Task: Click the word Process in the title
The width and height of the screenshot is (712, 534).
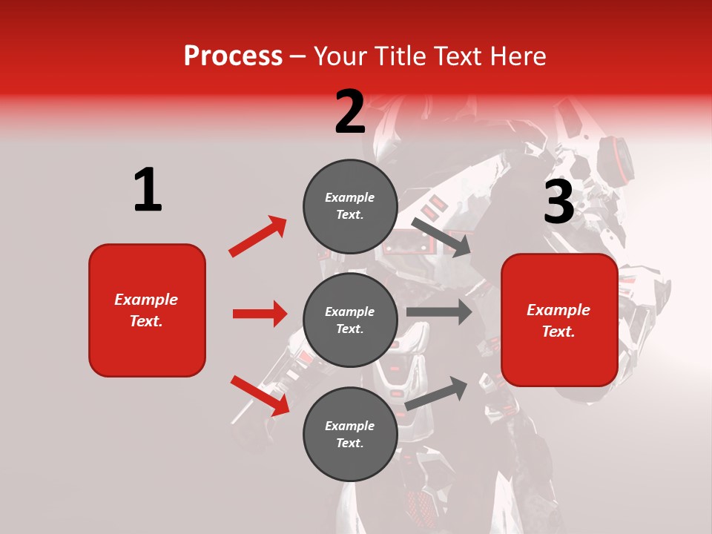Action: pyautogui.click(x=233, y=56)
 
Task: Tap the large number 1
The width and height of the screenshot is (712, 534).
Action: pyautogui.click(x=148, y=190)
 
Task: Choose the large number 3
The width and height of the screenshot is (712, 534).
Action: pyautogui.click(x=558, y=202)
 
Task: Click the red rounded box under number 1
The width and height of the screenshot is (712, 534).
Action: pyautogui.click(x=147, y=310)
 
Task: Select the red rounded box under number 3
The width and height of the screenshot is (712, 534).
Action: pyautogui.click(x=559, y=320)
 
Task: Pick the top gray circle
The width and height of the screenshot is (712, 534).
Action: pyautogui.click(x=350, y=205)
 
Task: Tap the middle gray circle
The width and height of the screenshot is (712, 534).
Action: pyautogui.click(x=350, y=320)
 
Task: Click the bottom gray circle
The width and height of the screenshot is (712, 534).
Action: pyautogui.click(x=350, y=434)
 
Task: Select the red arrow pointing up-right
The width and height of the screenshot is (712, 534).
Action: pyautogui.click(x=258, y=237)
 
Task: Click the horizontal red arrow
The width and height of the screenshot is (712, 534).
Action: pyautogui.click(x=260, y=314)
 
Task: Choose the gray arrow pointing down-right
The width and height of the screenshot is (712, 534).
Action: pyautogui.click(x=441, y=237)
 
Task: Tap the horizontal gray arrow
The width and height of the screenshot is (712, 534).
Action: pyautogui.click(x=439, y=312)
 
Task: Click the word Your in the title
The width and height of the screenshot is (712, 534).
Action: pyautogui.click(x=341, y=56)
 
